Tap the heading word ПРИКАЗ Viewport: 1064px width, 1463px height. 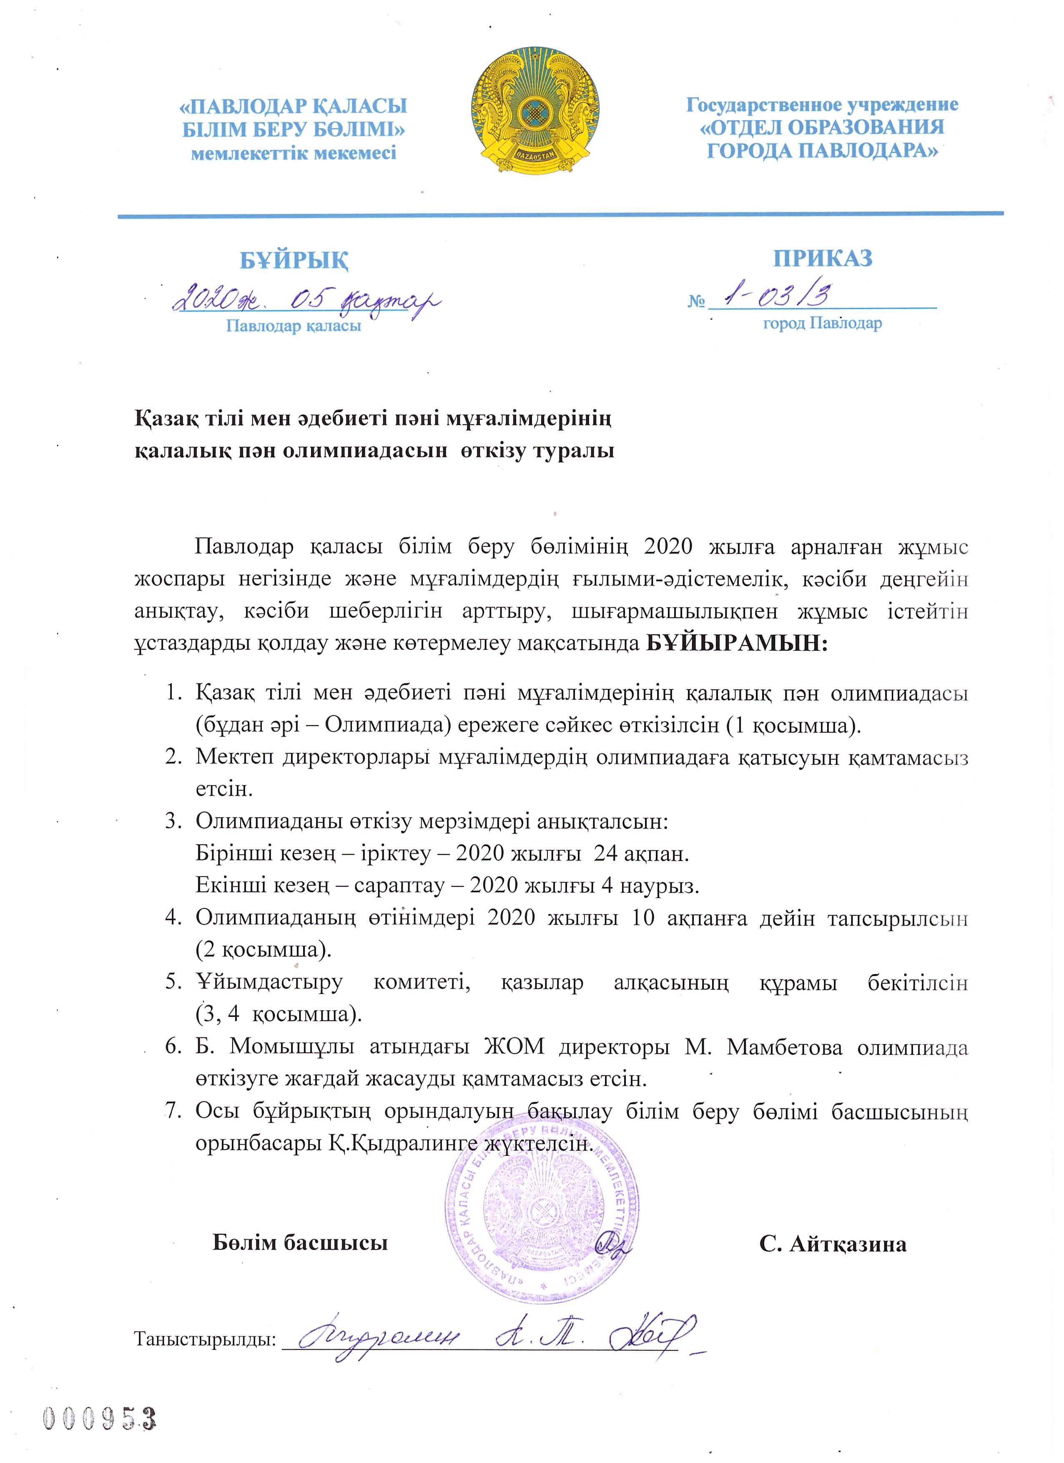pos(823,258)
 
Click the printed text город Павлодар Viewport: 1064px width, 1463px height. pos(822,323)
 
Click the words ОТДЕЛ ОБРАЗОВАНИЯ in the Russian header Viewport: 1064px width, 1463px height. pos(822,127)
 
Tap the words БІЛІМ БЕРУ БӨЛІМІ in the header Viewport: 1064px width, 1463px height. pos(294,130)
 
